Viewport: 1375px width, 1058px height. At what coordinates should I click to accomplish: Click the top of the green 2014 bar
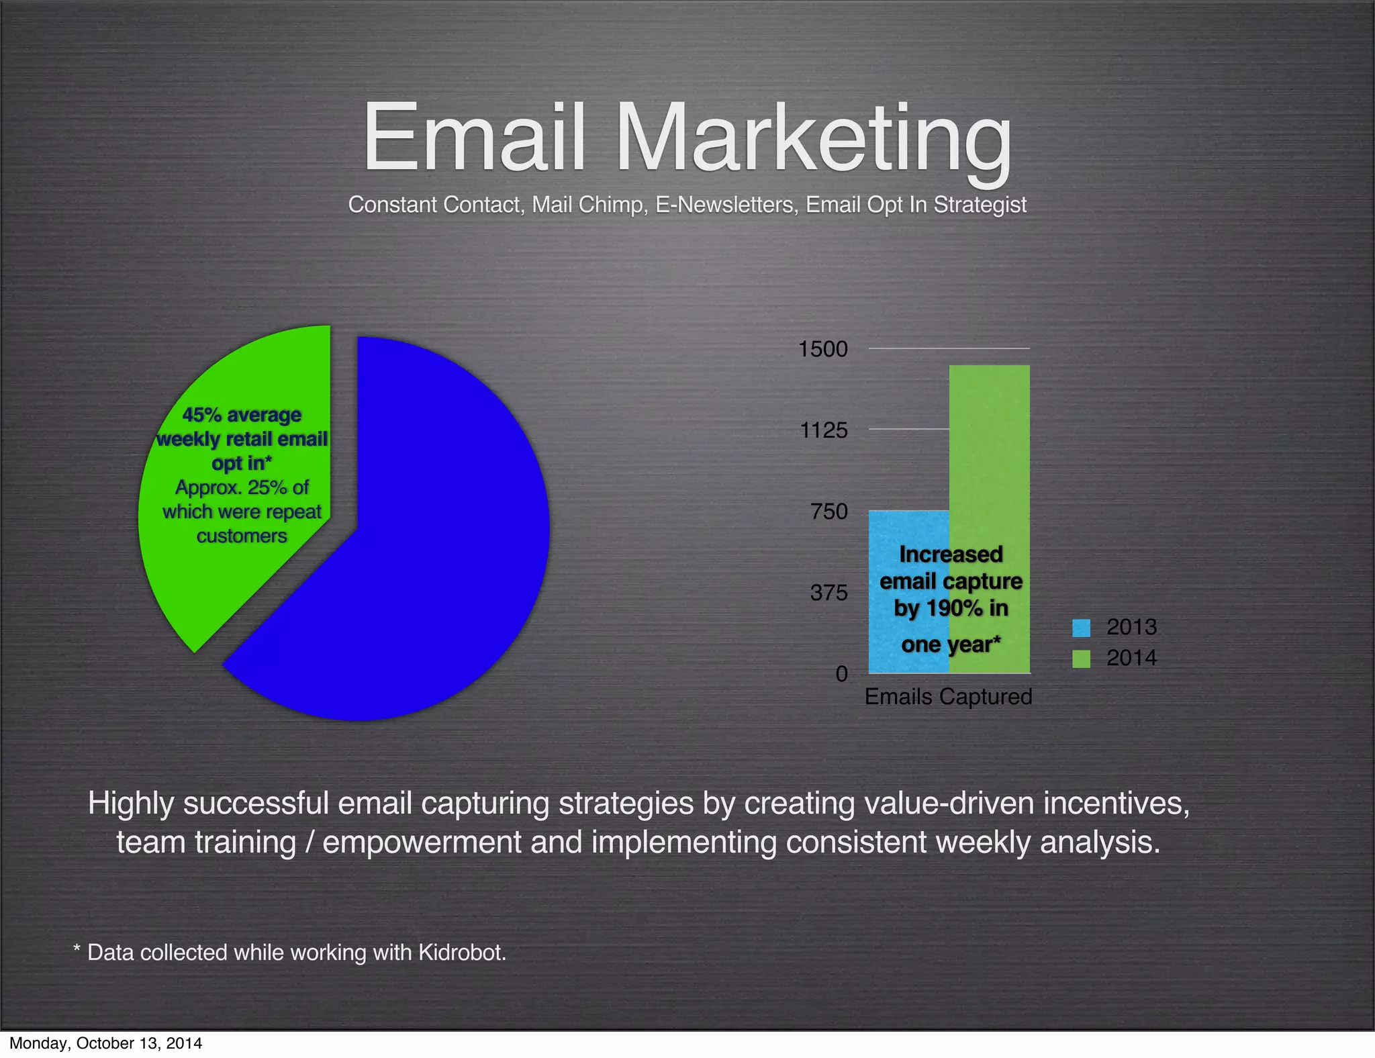pyautogui.click(x=989, y=367)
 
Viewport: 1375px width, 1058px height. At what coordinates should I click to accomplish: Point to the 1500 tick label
pyautogui.click(x=822, y=349)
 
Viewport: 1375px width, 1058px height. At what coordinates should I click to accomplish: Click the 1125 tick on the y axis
pyautogui.click(x=824, y=430)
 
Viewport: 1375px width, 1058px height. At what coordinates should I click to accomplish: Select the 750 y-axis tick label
pyautogui.click(x=829, y=512)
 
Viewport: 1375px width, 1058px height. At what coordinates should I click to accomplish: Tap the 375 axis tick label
pyautogui.click(x=829, y=593)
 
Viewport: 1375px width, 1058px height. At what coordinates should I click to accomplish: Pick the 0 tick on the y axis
pyautogui.click(x=841, y=673)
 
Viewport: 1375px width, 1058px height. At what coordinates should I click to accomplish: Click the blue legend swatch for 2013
pyautogui.click(x=1081, y=628)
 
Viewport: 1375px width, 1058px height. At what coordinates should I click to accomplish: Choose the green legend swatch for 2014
pyautogui.click(x=1081, y=659)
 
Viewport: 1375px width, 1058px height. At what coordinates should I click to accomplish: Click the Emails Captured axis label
pyautogui.click(x=948, y=697)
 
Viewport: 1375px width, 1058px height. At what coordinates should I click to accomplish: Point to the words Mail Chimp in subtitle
pyautogui.click(x=589, y=205)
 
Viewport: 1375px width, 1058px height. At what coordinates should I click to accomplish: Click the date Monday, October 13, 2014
pyautogui.click(x=105, y=1043)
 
